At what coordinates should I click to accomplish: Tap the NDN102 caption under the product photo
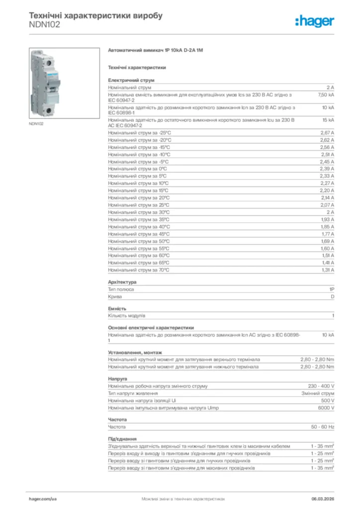[36, 124]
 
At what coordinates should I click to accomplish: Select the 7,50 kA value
[326, 94]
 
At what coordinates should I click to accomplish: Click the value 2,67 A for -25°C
[327, 133]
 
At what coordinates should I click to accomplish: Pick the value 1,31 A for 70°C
[327, 270]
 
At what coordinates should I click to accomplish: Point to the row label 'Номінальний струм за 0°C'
[138, 169]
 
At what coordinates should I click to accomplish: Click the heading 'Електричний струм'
[131, 80]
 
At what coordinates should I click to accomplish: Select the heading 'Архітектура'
[122, 282]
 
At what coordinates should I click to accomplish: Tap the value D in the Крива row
[332, 296]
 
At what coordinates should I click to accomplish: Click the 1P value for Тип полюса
[332, 289]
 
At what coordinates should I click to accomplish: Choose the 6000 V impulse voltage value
[326, 408]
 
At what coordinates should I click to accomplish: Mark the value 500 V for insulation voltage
[328, 400]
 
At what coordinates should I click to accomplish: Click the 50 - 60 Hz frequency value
[323, 426]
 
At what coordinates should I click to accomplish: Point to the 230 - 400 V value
[321, 386]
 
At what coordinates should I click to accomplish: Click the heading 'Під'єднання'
[122, 439]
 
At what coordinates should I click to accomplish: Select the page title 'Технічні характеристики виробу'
[96, 15]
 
